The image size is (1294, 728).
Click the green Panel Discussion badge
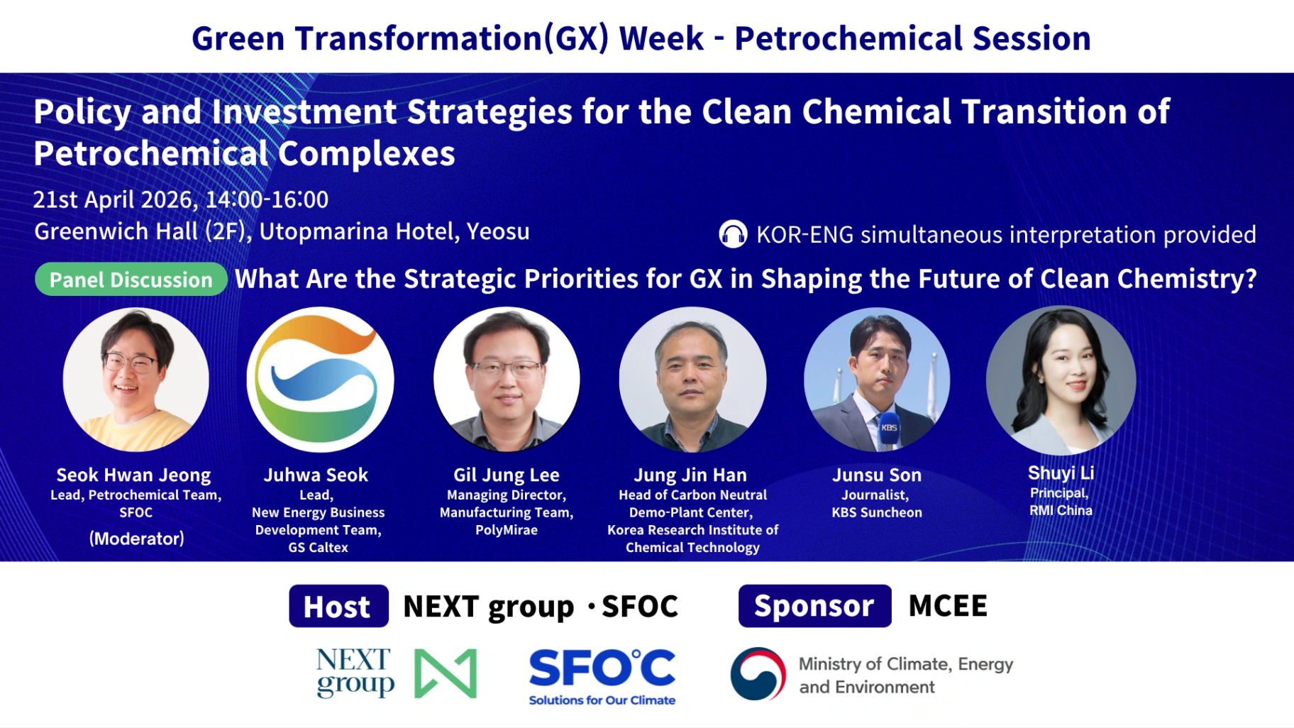click(131, 280)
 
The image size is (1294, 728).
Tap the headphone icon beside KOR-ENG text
click(733, 234)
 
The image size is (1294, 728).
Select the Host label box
click(338, 606)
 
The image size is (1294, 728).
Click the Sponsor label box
click(814, 606)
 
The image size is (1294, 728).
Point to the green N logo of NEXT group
click(446, 673)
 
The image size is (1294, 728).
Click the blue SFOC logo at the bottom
click(602, 676)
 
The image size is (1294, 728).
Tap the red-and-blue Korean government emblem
click(758, 673)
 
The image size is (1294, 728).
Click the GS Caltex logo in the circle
click(320, 380)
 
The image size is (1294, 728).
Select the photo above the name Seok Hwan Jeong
click(136, 380)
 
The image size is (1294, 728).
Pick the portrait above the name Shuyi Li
click(1061, 380)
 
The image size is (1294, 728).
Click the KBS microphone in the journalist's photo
click(888, 429)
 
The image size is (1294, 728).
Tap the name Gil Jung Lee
click(507, 475)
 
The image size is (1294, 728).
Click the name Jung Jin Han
click(690, 475)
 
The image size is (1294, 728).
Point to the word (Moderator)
click(137, 539)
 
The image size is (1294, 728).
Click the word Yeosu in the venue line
click(498, 231)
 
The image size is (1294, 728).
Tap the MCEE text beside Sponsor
click(948, 606)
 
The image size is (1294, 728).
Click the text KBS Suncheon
click(877, 512)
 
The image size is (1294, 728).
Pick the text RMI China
click(1061, 510)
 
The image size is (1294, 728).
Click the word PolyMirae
click(507, 530)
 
